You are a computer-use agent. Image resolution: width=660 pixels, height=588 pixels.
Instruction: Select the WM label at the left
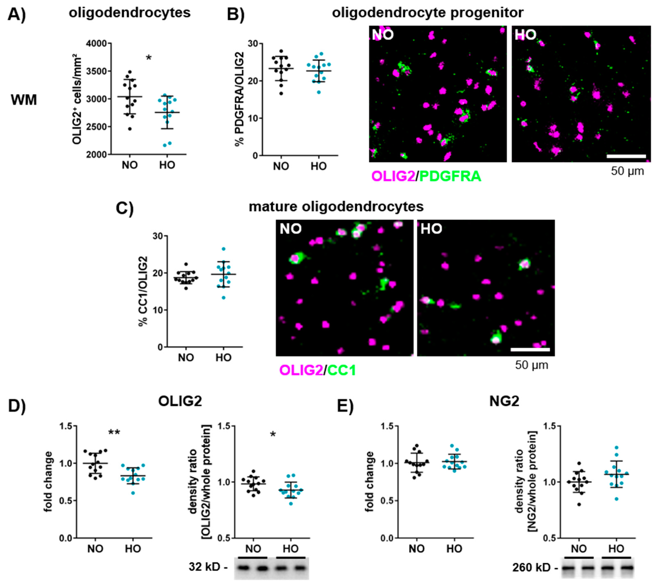click(x=24, y=100)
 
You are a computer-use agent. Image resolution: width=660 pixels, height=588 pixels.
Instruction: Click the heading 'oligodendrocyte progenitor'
click(x=428, y=13)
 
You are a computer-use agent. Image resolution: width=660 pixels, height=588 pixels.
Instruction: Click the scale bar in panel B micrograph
click(x=626, y=156)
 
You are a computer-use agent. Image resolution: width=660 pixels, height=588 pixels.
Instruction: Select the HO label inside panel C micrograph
click(x=431, y=229)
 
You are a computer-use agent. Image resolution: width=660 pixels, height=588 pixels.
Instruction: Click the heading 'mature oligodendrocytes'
click(x=336, y=207)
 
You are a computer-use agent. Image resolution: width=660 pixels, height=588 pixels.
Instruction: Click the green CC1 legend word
click(x=342, y=370)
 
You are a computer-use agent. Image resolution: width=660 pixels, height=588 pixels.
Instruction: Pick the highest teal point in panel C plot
click(x=223, y=249)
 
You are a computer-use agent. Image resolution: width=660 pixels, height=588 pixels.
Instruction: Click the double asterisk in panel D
click(x=114, y=433)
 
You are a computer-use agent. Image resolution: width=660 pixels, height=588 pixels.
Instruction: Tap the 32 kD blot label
click(x=209, y=567)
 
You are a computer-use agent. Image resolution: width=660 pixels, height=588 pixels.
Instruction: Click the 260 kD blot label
click(x=535, y=568)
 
